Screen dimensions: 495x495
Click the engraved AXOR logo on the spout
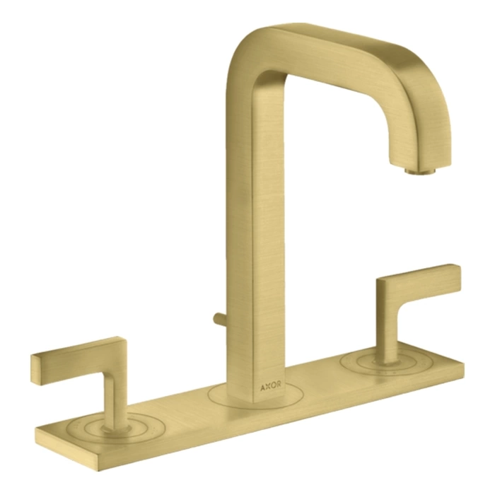tap(271, 386)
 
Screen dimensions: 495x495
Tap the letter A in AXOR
tap(262, 388)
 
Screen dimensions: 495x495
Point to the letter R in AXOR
tap(279, 385)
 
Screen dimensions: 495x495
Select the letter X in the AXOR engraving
tap(268, 387)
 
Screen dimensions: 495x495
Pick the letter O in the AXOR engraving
tap(273, 386)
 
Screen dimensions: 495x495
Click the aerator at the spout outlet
tap(420, 171)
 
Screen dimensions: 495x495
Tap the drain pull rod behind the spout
tap(220, 319)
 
